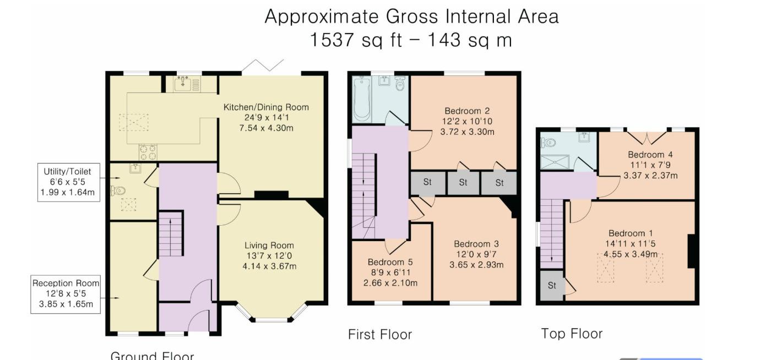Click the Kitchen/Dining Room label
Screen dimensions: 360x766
pos(266,107)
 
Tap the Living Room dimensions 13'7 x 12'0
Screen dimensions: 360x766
pos(269,256)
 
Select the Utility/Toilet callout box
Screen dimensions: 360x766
pos(68,182)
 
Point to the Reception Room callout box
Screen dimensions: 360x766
pos(66,294)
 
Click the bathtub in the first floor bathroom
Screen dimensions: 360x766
pos(361,99)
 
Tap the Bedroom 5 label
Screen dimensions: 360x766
pos(390,262)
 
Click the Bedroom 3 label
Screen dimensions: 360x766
pos(476,244)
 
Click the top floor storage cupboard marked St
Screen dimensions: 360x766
pos(552,286)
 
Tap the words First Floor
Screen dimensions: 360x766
pos(379,335)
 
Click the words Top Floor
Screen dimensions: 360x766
pos(572,334)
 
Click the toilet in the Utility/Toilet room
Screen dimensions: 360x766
pos(118,190)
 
